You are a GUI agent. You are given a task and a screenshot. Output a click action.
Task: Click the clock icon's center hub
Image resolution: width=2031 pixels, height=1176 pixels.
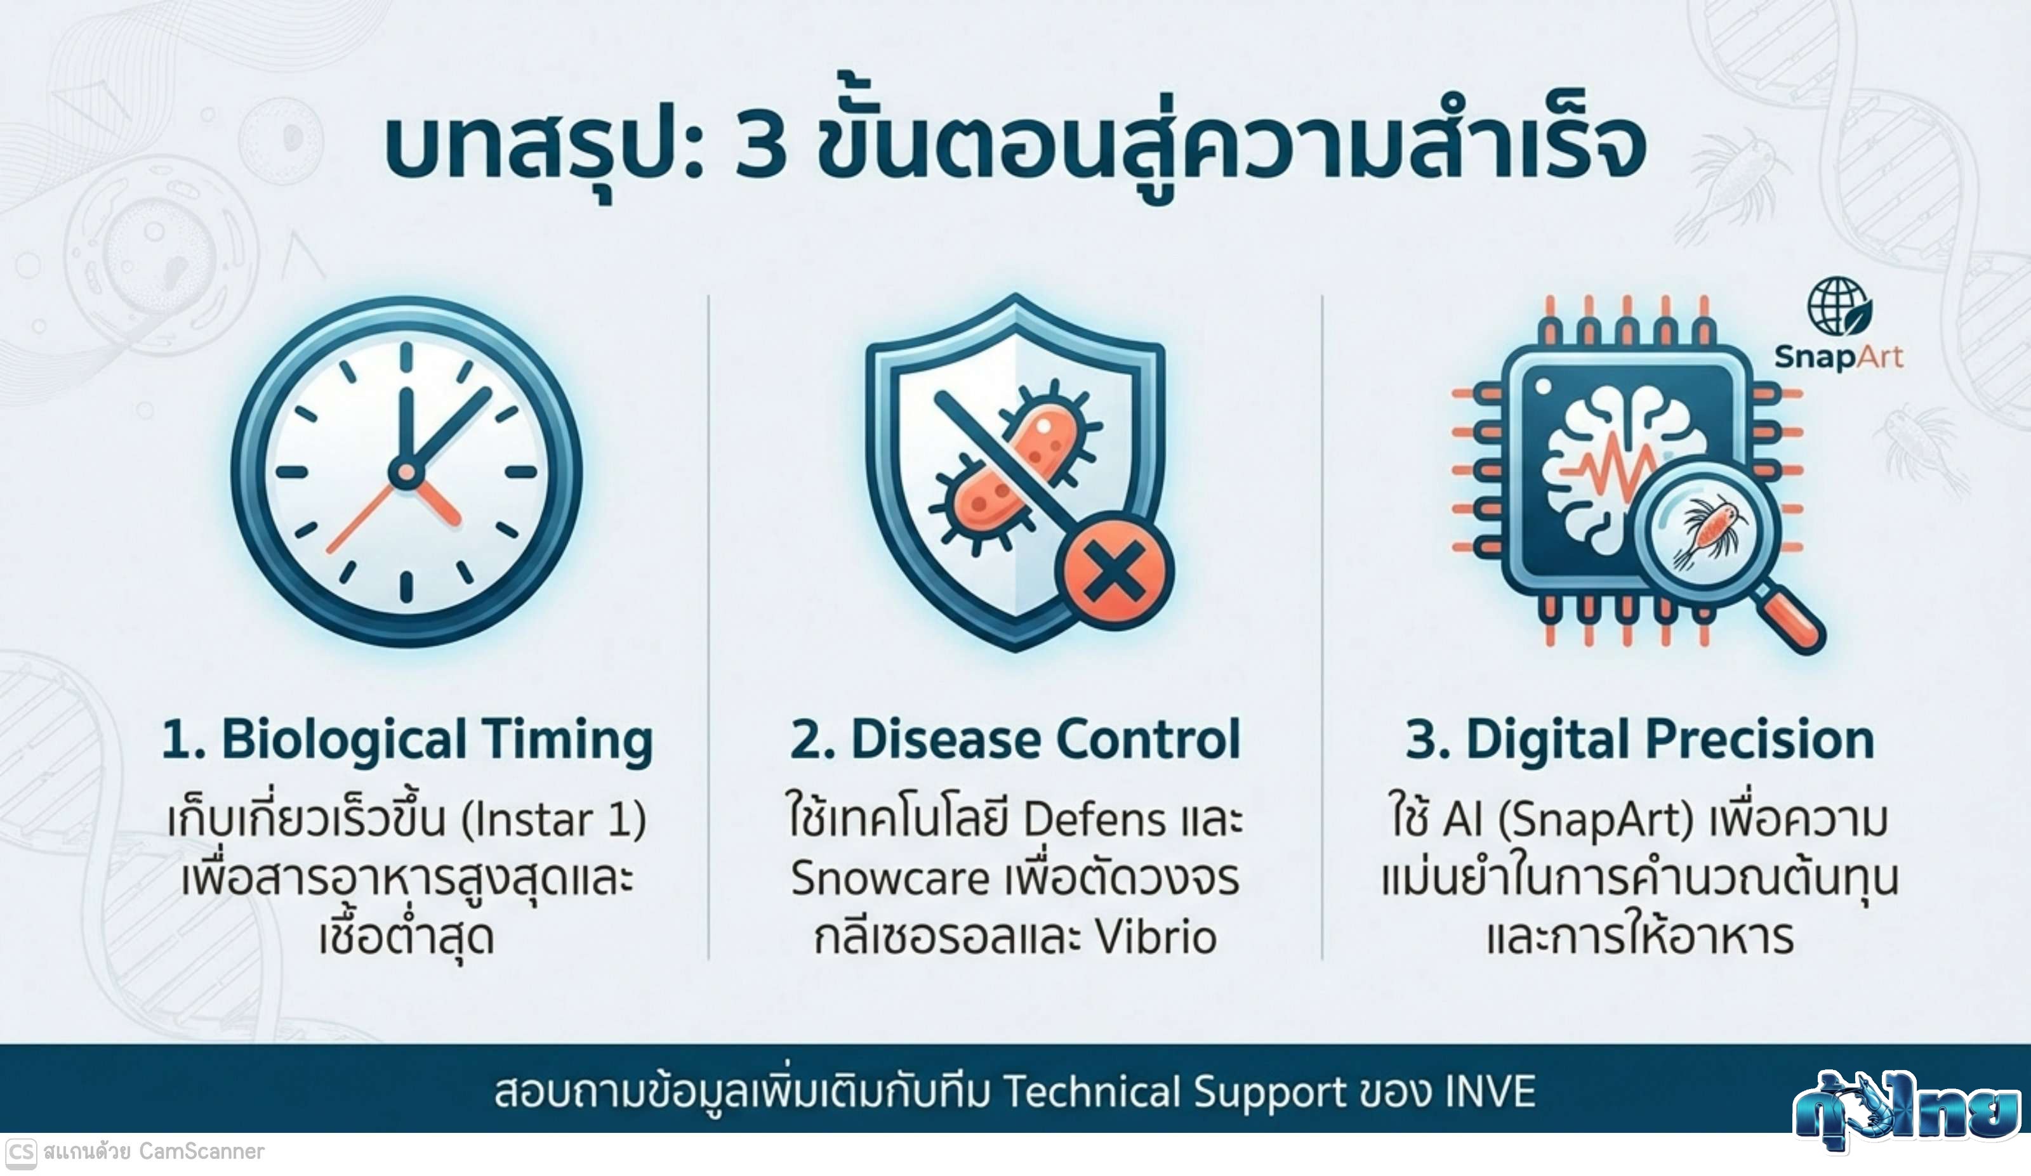(406, 473)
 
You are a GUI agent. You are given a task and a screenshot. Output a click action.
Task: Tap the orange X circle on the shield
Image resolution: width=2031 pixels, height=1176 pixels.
(1115, 570)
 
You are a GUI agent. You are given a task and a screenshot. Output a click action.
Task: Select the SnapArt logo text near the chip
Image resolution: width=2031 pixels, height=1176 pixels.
(1839, 357)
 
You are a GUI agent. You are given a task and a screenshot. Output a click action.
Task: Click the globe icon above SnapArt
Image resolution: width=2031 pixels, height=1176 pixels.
(1839, 306)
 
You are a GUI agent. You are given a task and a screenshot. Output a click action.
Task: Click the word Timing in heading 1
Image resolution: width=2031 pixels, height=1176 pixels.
(567, 740)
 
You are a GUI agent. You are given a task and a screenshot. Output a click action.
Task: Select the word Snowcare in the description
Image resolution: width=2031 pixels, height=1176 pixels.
(889, 878)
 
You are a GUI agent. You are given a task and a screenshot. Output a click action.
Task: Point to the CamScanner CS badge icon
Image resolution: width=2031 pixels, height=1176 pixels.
(20, 1153)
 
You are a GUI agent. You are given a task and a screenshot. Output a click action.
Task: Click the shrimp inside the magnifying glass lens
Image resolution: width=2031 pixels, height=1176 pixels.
(1709, 532)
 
